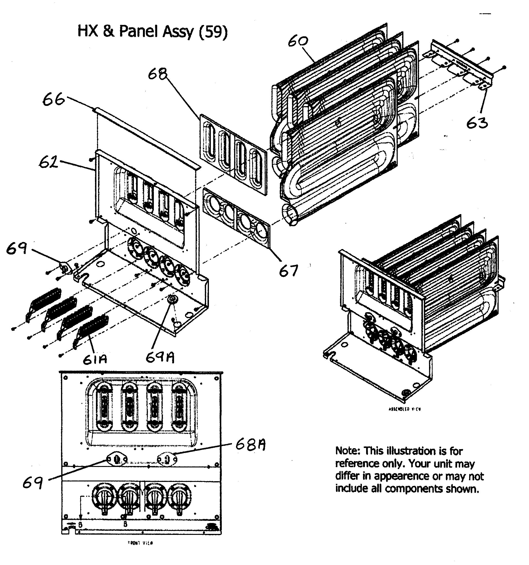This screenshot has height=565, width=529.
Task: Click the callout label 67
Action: point(288,270)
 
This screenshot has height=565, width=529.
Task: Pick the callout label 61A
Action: point(95,359)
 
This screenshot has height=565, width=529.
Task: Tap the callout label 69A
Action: point(160,358)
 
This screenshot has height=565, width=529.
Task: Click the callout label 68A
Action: point(250,445)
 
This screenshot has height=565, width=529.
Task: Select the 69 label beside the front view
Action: point(33,482)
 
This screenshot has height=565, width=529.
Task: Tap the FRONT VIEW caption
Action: point(140,543)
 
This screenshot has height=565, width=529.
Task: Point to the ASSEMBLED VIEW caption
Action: point(404,409)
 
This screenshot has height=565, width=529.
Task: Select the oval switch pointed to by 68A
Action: point(167,459)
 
